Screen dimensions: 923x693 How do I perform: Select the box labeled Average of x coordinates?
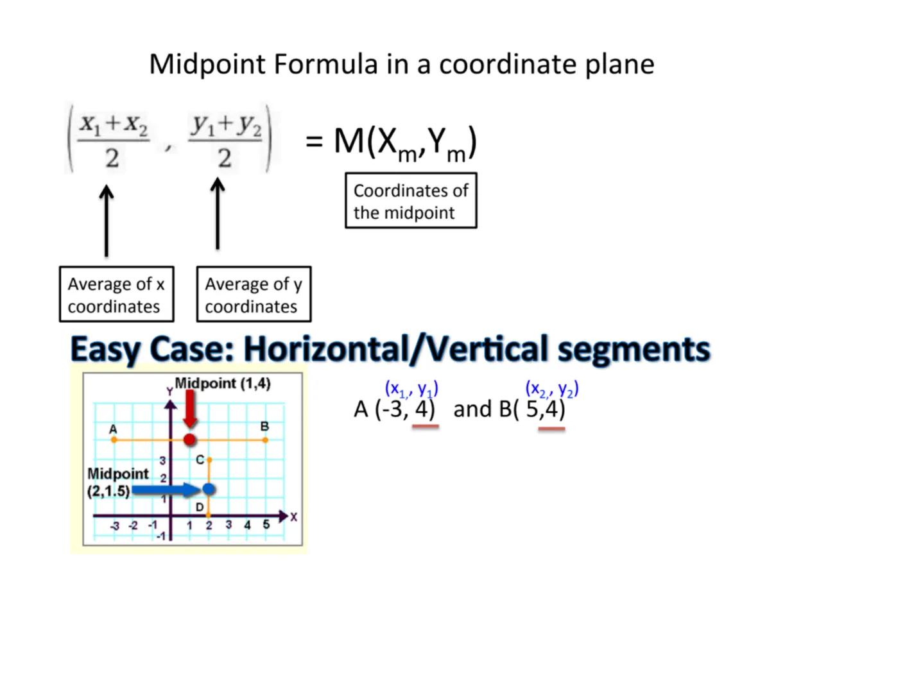[x=116, y=294]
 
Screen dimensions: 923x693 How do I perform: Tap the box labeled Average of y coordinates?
[x=254, y=294]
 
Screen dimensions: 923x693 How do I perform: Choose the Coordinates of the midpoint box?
[x=411, y=200]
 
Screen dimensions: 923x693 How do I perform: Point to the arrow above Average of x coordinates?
[x=107, y=221]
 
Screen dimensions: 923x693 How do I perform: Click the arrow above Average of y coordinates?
[x=218, y=214]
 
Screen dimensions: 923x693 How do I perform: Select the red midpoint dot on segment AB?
[x=189, y=440]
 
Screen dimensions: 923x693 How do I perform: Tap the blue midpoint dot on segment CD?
[x=209, y=489]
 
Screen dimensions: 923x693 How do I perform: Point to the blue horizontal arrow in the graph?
[x=166, y=490]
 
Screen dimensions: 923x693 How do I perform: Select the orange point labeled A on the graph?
[x=114, y=440]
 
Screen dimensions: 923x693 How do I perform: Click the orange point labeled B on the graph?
[x=265, y=440]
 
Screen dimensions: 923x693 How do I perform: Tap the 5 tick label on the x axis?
[x=266, y=524]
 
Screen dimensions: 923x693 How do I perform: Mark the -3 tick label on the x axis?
[x=115, y=526]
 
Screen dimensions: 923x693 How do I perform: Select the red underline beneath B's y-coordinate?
[x=551, y=429]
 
